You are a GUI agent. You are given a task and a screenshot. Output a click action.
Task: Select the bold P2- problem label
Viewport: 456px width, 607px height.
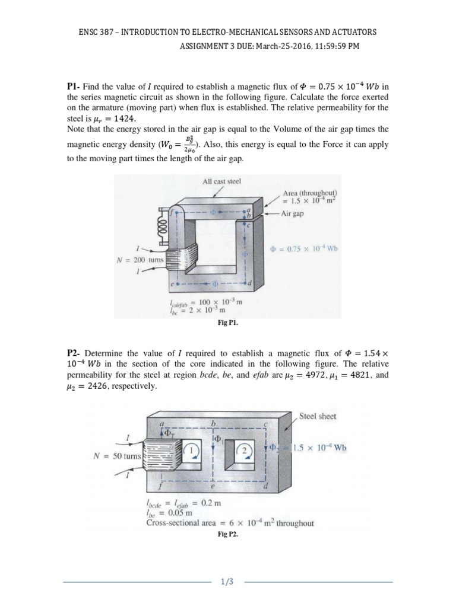point(76,354)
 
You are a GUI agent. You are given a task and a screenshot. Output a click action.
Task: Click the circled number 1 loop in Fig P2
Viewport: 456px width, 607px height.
point(192,449)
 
